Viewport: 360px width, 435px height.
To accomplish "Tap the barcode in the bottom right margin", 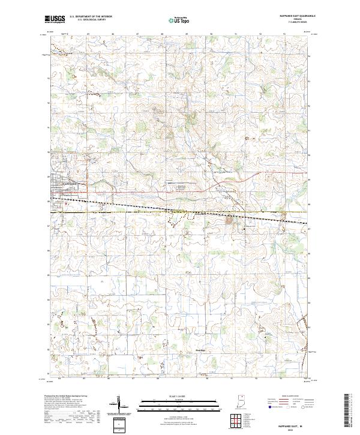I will pos(349,412).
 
